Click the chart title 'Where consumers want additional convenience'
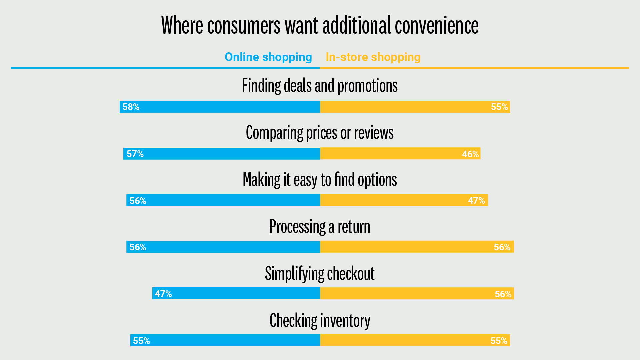[320, 25]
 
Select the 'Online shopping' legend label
[268, 57]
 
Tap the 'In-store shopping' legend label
[373, 57]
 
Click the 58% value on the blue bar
[131, 107]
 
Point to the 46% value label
[470, 154]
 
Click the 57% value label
[135, 154]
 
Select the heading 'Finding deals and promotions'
[320, 86]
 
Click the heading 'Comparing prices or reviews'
[320, 133]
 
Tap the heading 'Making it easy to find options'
[320, 180]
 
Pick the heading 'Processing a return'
[320, 227]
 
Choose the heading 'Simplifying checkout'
[320, 274]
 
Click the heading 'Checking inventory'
[320, 321]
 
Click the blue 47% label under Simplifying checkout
[163, 294]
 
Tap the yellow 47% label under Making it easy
[476, 201]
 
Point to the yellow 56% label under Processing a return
[502, 247]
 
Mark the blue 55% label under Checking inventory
[141, 341]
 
